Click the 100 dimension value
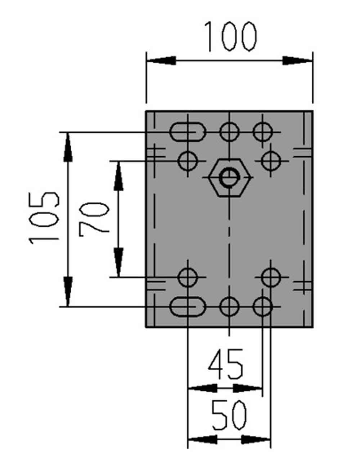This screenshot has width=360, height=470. [x=230, y=36]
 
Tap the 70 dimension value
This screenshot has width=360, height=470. [x=94, y=220]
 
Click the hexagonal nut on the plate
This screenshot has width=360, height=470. [x=230, y=178]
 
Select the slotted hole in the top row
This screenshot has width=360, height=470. [x=187, y=132]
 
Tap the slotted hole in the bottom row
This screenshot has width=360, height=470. [x=187, y=306]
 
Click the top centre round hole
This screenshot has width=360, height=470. [x=229, y=132]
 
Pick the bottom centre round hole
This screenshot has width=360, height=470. [x=229, y=306]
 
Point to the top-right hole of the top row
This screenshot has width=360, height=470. [x=262, y=132]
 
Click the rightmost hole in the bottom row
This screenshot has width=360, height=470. [x=262, y=306]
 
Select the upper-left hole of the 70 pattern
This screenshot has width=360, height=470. [x=188, y=161]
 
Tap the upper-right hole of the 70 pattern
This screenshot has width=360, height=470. [x=271, y=161]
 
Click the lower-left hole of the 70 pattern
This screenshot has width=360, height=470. [x=188, y=277]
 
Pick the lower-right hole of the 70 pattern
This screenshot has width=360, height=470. [x=271, y=277]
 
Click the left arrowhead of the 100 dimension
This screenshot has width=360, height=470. [x=161, y=61]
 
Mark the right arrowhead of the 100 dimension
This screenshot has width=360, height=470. [x=298, y=61]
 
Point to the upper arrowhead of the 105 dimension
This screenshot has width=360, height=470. [x=68, y=147]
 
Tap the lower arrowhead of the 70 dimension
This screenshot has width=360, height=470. [x=118, y=262]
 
